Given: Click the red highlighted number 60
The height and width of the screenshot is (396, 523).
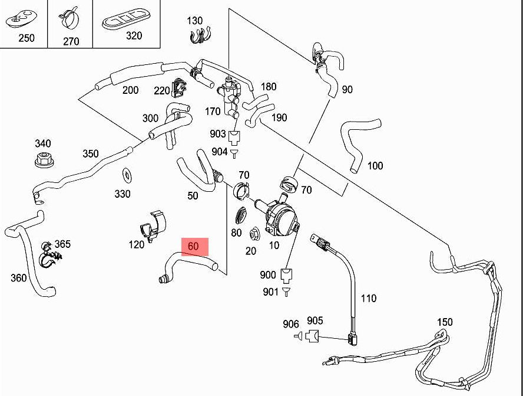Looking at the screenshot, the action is click(193, 246).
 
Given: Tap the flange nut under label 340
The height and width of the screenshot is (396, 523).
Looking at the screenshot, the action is click(44, 159).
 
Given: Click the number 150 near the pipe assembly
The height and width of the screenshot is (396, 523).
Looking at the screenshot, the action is click(445, 322).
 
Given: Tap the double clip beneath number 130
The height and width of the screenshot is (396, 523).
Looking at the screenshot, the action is click(201, 35).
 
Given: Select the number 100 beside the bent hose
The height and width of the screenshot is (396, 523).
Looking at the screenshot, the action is click(375, 166).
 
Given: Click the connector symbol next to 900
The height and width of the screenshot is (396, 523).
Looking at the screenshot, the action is click(286, 274).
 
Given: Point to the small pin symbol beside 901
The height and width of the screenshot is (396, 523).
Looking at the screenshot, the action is click(286, 292).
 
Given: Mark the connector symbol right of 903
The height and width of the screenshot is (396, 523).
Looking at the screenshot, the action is click(234, 138).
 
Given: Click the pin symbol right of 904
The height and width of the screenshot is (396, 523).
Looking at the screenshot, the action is click(234, 153).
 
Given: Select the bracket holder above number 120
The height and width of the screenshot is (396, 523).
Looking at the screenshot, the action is click(153, 225).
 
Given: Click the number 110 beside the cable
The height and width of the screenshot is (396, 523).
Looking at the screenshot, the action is click(368, 298).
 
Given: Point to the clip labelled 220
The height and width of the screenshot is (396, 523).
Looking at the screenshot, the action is click(178, 87).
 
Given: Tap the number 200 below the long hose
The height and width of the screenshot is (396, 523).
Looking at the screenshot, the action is click(130, 90).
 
